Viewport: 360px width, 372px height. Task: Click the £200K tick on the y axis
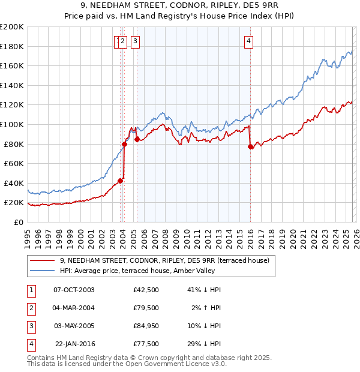pos(12,27)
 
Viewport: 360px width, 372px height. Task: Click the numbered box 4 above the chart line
pos(248,41)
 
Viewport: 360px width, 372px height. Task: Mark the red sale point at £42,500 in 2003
pos(121,181)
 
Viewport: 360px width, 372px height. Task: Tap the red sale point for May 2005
pos(137,139)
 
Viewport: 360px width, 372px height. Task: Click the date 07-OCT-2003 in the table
pos(74,290)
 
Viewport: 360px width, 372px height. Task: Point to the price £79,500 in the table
pos(146,308)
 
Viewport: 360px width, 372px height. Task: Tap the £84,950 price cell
pos(146,326)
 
